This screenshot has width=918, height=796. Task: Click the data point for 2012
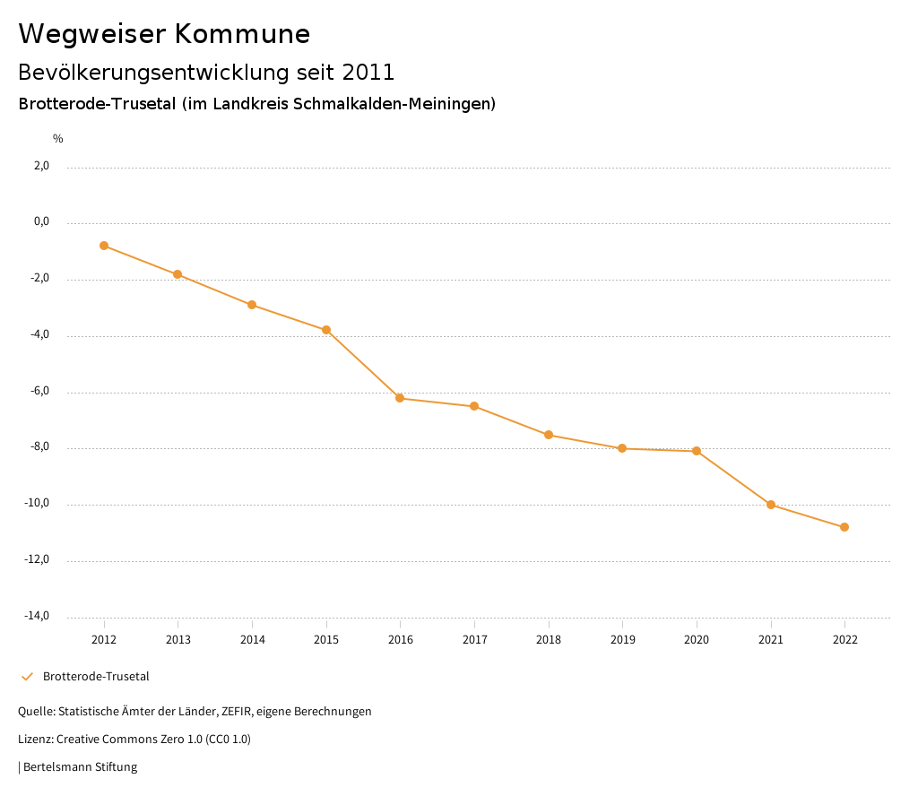(x=104, y=246)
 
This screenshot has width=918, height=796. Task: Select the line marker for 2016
(x=400, y=398)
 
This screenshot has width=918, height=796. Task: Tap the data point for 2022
(x=844, y=527)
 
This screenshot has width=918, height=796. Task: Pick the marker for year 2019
(x=622, y=448)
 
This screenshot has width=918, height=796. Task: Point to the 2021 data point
(x=771, y=505)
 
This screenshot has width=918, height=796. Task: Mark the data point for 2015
(x=326, y=330)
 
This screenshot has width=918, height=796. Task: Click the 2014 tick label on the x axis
(x=252, y=640)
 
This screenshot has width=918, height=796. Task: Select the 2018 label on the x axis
(x=549, y=640)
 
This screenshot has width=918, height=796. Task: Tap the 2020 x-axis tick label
(x=697, y=640)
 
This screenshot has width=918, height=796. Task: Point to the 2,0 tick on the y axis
(x=41, y=166)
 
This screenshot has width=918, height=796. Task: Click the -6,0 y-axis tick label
(x=39, y=391)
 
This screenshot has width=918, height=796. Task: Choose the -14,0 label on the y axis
(x=37, y=616)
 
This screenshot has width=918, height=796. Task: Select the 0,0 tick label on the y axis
(x=41, y=221)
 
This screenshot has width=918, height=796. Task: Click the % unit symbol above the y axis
(x=57, y=139)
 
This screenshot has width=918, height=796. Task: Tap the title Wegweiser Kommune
(x=164, y=34)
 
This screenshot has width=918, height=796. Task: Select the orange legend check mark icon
(x=27, y=677)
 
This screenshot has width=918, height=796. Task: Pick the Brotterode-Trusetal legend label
(x=96, y=677)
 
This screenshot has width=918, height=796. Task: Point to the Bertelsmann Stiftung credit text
(x=80, y=767)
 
